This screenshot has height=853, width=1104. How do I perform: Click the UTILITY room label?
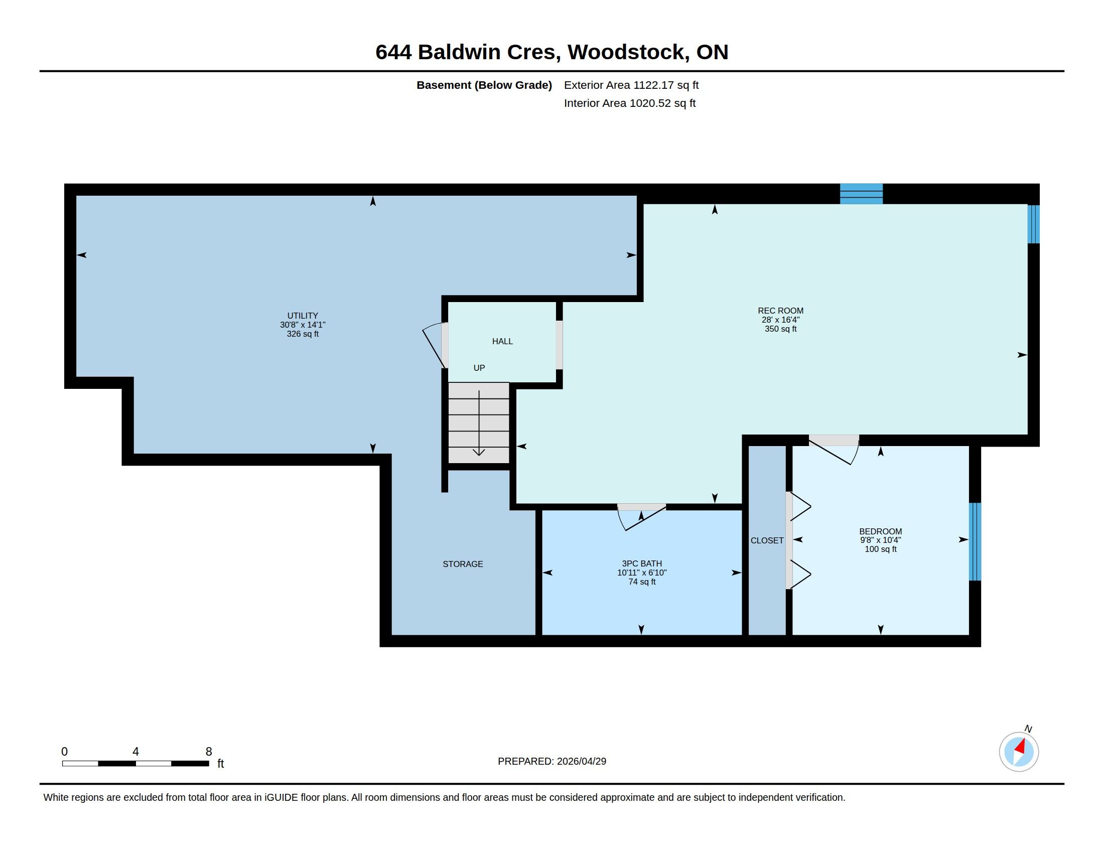pos(302,316)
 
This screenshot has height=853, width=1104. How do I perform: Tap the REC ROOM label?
pos(780,311)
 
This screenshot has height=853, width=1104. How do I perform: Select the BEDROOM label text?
pos(881,531)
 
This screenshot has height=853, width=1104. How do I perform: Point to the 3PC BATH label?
pos(641,563)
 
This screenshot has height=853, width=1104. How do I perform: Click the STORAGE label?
pos(463,564)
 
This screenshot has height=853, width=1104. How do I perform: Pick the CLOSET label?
pos(767,541)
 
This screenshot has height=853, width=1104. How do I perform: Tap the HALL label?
pos(502,342)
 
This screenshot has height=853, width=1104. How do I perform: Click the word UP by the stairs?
pos(479,368)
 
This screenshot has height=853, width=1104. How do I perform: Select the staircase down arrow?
pos(479,423)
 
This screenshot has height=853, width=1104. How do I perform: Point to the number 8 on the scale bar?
pos(209,752)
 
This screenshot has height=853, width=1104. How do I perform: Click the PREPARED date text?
pos(552,761)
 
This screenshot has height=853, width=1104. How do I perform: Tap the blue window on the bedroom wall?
pos(975,542)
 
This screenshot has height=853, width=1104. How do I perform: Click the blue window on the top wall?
pos(861,194)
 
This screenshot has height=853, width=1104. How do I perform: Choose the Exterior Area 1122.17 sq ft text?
pos(631,85)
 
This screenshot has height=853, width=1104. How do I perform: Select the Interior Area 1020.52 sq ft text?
pos(630,103)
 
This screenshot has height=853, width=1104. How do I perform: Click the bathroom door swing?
pos(641,517)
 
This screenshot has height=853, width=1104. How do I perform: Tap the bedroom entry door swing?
pos(834,449)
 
